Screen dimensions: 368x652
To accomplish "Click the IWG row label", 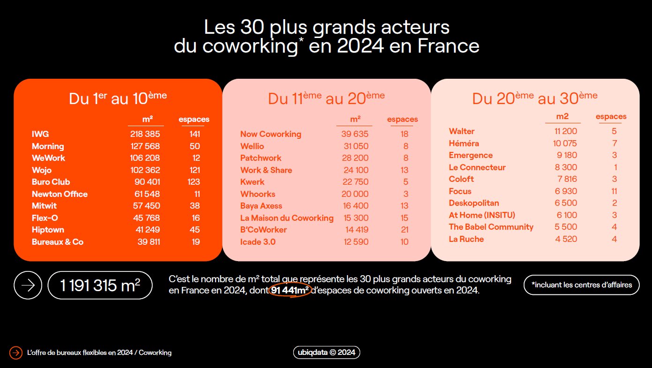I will (x=40, y=134).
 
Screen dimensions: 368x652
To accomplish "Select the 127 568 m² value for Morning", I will (x=145, y=146).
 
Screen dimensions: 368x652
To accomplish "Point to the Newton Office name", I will (x=59, y=194).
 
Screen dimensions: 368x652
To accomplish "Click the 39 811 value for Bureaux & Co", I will (x=145, y=242).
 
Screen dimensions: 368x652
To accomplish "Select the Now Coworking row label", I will (x=271, y=134).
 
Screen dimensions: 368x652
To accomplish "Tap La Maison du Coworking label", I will (x=287, y=218).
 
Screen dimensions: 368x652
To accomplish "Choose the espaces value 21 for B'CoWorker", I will (x=404, y=230).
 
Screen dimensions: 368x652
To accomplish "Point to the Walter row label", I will (x=461, y=131).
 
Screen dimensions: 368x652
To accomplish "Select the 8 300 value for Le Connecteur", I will (x=566, y=167).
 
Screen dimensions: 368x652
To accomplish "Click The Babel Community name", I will (x=491, y=227).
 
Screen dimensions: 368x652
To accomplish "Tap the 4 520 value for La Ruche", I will (x=566, y=239).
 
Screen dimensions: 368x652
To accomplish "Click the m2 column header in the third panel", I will (x=563, y=116).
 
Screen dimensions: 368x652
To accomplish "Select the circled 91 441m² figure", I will (x=290, y=291).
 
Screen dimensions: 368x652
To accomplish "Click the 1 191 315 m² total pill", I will (x=100, y=285).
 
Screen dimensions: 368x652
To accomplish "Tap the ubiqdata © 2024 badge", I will (x=326, y=353).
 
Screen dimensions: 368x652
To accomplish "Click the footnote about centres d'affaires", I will (x=581, y=285).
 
